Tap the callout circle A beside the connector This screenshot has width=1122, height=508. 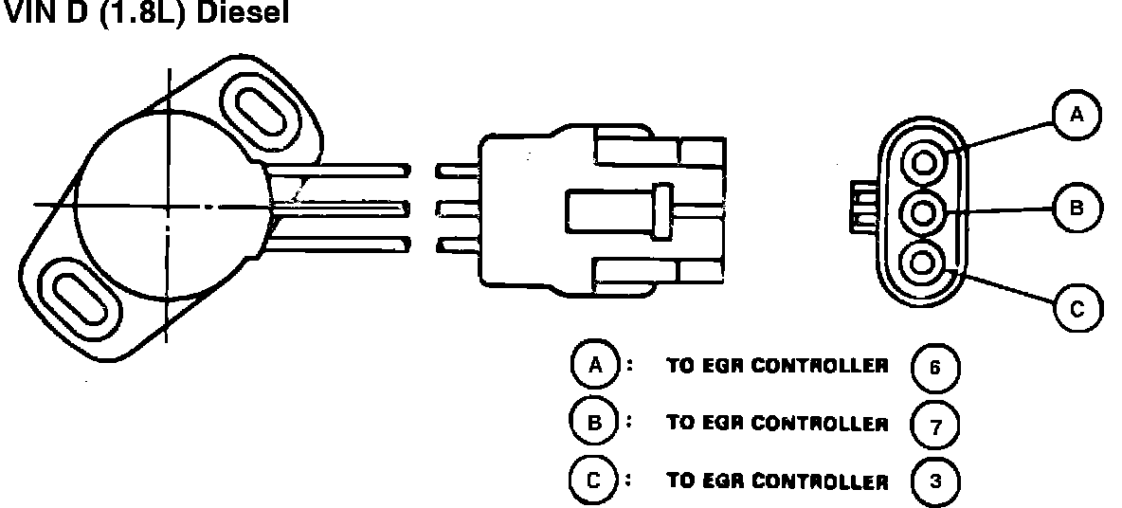coord(1076,116)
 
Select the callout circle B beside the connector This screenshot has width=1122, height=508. coord(1076,208)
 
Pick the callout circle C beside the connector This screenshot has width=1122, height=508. coord(1076,308)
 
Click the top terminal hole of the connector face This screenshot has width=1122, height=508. coord(924,165)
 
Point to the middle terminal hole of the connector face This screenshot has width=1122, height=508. coord(924,211)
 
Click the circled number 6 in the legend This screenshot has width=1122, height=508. coord(934,368)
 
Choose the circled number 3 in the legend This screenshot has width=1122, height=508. coord(934,481)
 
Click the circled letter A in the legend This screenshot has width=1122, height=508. coord(593,366)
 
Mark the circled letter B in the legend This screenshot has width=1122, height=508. coord(593,423)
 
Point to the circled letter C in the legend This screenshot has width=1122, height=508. coord(593,480)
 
